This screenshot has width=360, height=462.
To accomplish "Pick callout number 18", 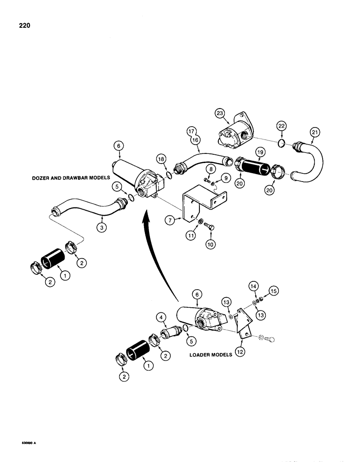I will [x=160, y=159].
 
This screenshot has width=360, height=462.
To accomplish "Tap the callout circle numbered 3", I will [x=100, y=226].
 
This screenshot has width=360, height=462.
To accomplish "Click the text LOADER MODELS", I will [x=208, y=355].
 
